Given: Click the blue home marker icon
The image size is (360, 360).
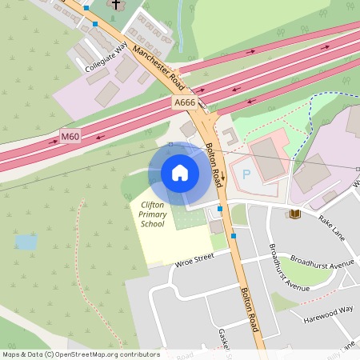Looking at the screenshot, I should tap(180, 172).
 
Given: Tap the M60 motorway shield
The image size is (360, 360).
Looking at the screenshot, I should tap(70, 138).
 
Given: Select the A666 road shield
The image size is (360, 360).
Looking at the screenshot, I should tap(184, 103).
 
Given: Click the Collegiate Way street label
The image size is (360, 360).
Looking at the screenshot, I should tap(106, 58).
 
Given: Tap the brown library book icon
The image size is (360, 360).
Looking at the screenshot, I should tap(294, 214).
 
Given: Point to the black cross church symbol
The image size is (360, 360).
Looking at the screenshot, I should tap(115, 4).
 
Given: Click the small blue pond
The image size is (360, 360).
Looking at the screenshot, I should tap(26, 241).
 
